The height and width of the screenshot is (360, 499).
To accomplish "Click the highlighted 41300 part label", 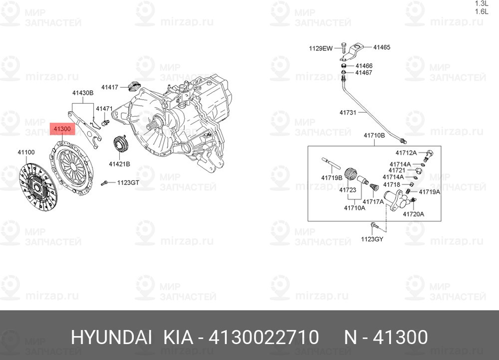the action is pos(62,129).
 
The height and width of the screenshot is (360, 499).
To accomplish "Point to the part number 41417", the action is pos(110,87).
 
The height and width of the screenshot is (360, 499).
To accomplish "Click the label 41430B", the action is pos(83,93).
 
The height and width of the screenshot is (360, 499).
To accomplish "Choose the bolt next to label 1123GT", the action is pos(104,183).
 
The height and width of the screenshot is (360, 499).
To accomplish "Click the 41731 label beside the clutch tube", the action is pos(348,112).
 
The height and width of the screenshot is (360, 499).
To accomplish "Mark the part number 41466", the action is pos(364,66).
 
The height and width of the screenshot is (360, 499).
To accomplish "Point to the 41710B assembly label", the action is pos(374,136).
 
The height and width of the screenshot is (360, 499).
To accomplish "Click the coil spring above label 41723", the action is pos(351,175).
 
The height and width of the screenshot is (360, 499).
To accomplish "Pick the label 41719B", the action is pos(332,178).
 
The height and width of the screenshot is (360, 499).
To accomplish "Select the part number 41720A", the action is pos(413,214).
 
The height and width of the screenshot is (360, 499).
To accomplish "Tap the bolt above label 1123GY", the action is pos(374,225).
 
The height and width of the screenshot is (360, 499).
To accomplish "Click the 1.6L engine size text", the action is pos(482,12).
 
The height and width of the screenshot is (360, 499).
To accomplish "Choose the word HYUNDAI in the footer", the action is pos(111,337).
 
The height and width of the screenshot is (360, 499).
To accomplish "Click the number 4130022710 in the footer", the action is pos(263,337).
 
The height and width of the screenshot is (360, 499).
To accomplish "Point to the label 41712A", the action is pos(406,153).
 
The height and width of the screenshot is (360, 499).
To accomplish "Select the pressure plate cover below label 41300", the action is pos(72,167).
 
